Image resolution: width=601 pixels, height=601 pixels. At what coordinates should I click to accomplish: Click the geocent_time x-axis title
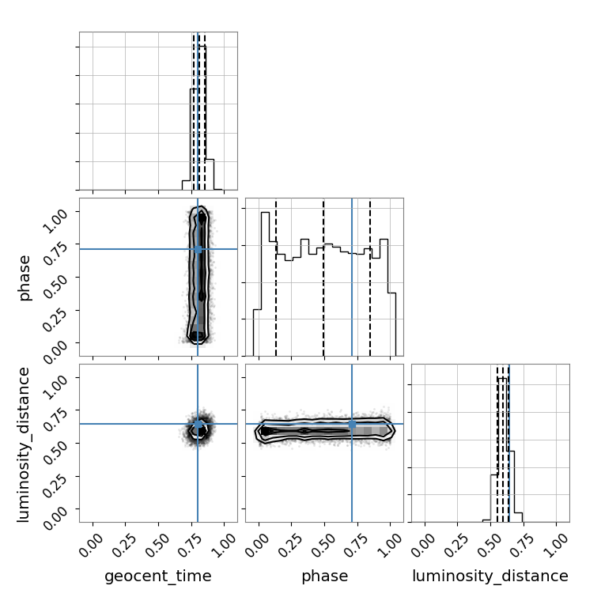158,576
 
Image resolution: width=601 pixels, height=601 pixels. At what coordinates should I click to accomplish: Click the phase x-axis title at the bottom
325,576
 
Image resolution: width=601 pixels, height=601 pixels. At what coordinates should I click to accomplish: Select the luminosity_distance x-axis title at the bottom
490,576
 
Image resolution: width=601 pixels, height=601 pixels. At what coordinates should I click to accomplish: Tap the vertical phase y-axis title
24,278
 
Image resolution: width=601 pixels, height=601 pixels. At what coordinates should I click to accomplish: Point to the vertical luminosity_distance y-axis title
23,444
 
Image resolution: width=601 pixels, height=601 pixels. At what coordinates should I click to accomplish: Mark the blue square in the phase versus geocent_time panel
198,250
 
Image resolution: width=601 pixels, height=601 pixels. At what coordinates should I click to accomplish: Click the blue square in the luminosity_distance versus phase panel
352,425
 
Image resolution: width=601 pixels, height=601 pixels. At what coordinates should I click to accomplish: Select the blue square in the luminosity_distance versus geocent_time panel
198,424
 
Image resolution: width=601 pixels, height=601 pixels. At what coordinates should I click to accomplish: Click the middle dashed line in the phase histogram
323,277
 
